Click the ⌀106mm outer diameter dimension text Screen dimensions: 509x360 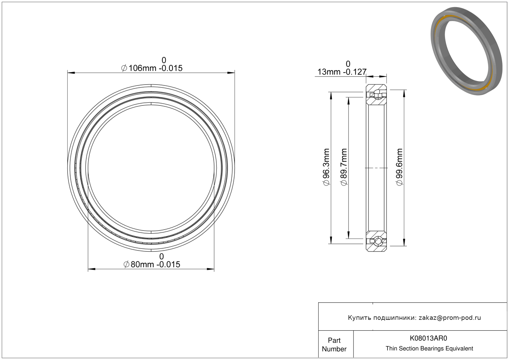(x=152, y=68)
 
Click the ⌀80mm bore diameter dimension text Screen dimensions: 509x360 (x=152, y=265)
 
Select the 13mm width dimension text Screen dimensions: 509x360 (x=342, y=72)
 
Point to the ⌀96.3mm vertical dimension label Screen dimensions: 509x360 (x=326, y=167)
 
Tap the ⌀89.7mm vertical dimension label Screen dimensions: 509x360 (x=344, y=167)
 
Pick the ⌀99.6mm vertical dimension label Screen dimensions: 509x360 (x=400, y=167)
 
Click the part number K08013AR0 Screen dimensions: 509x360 (x=428, y=338)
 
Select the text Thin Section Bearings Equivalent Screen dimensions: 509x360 (x=429, y=349)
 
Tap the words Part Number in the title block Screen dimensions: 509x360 (x=334, y=345)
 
